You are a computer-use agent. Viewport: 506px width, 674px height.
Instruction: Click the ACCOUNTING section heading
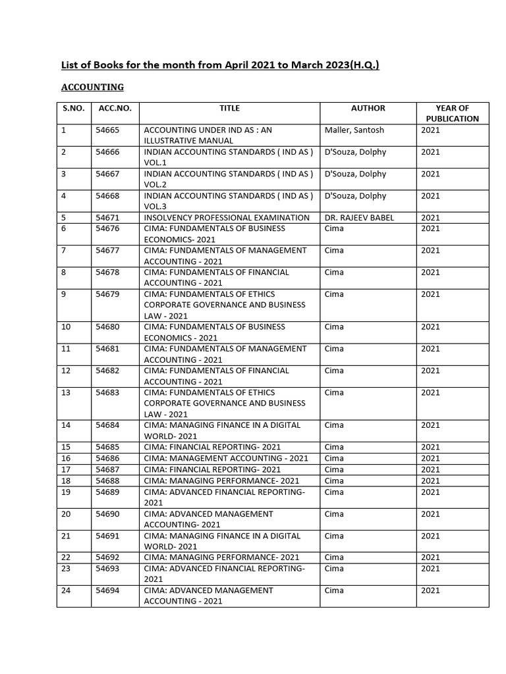pos(92,87)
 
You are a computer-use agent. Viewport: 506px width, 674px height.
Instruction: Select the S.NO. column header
pos(73,108)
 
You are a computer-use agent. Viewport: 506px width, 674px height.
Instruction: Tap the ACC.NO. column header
pos(114,108)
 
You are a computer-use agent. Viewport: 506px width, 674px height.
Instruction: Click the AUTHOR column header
pos(368,108)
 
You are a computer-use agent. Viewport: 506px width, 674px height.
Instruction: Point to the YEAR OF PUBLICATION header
pos(452,113)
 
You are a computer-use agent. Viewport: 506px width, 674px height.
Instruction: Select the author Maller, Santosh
pos(354,130)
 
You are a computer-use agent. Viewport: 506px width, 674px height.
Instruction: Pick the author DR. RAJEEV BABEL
pos(360,218)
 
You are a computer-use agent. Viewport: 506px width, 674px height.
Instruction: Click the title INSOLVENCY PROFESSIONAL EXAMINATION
pos(227,218)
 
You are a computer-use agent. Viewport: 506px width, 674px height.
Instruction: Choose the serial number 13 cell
pos(65,393)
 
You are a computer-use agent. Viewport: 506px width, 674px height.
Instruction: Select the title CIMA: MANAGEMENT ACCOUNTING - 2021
pos(226,459)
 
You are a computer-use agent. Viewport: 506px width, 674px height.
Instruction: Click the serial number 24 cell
pos(65,591)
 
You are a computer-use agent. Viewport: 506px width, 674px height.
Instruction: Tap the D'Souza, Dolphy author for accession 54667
pos(356,174)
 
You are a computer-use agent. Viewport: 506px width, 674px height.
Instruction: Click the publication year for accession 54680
pos(430,327)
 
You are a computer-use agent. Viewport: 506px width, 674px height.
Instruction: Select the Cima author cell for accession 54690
pos(335,514)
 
